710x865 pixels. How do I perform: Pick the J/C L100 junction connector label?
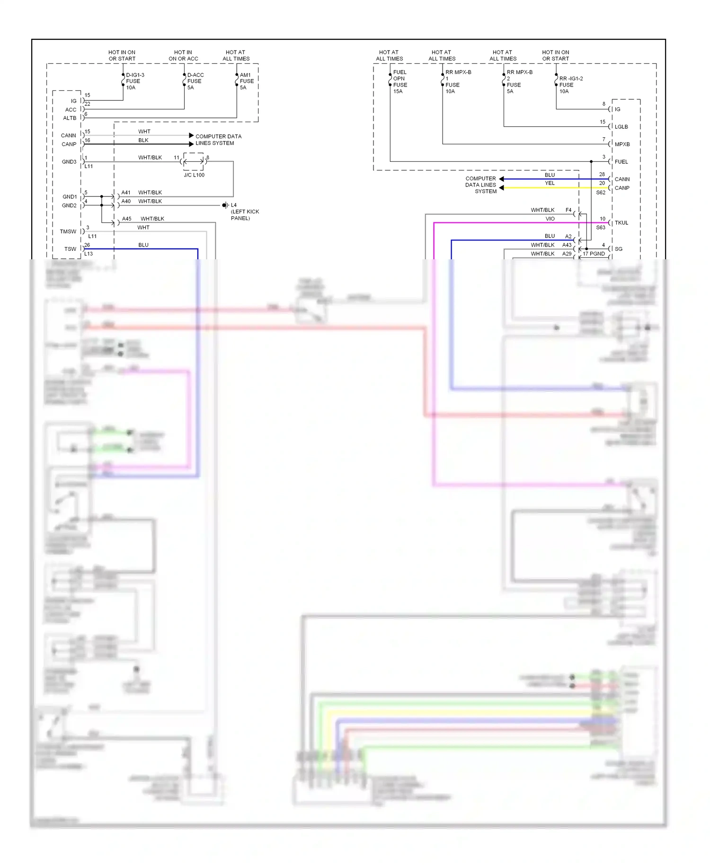pos(194,175)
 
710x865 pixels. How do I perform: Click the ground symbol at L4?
pos(225,205)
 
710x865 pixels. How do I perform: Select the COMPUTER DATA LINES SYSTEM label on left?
pos(218,140)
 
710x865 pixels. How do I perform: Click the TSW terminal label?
pos(70,249)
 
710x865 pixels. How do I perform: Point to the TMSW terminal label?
pos(68,231)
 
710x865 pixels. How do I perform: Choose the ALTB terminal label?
pos(70,118)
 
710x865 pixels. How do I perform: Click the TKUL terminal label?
pos(621,223)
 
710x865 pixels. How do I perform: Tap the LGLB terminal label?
pos(621,127)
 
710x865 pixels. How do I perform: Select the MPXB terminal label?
pos(622,144)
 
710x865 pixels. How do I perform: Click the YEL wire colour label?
pos(550,183)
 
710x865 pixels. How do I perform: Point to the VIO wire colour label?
pos(550,219)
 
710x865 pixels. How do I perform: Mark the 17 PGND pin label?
pos(594,254)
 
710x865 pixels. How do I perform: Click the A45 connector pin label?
pos(126,219)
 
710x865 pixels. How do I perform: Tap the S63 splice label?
pos(600,228)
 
